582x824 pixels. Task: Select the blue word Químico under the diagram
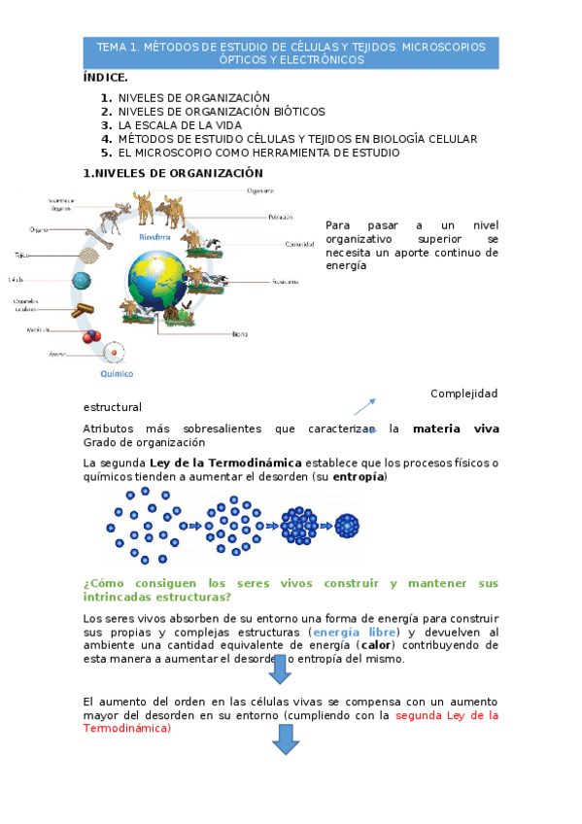[x=117, y=373]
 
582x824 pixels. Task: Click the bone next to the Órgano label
[x=99, y=235]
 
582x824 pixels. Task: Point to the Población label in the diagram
[x=280, y=218]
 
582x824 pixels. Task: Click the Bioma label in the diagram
[x=239, y=334]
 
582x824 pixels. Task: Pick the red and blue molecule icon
[x=91, y=336]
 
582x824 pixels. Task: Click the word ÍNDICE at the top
[x=105, y=77]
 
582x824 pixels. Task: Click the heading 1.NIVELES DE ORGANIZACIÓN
[x=172, y=173]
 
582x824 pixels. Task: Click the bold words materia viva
[x=455, y=428]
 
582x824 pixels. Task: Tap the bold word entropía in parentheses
[x=359, y=477]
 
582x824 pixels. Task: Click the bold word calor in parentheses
[x=375, y=644]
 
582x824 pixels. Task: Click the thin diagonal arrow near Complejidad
[x=365, y=406]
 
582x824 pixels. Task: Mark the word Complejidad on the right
[x=463, y=394]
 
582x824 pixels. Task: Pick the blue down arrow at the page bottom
[x=285, y=739]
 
